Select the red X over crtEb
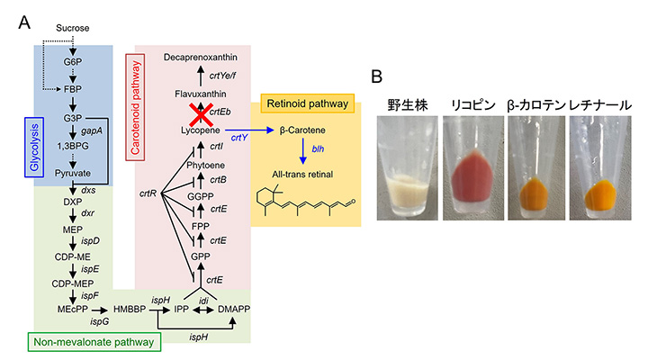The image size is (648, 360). click(x=196, y=112)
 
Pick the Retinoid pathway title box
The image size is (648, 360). click(x=304, y=103)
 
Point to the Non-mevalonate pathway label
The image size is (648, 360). click(x=89, y=341)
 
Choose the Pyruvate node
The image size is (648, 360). click(x=75, y=167)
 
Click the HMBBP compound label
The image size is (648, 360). click(x=130, y=308)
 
